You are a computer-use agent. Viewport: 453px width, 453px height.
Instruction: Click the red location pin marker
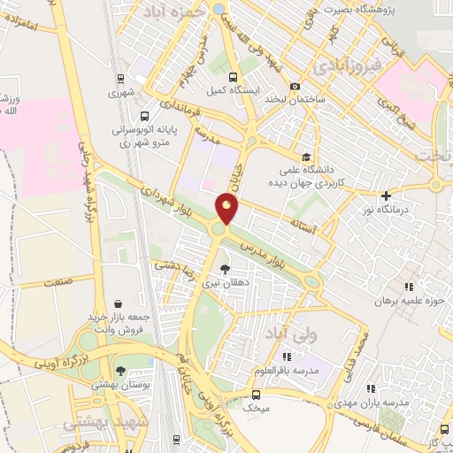click(x=227, y=210)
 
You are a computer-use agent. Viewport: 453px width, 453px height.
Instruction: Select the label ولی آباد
click(x=290, y=334)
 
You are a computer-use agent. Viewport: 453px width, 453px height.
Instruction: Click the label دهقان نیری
click(x=224, y=284)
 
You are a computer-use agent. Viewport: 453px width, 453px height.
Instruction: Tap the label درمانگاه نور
click(x=386, y=211)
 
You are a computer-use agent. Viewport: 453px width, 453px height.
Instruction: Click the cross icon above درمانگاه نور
click(x=386, y=196)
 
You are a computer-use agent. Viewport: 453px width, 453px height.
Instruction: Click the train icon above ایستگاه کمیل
click(x=233, y=77)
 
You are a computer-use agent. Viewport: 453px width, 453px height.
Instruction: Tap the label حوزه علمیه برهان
click(x=406, y=302)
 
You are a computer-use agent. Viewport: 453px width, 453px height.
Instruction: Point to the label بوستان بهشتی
click(x=119, y=386)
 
